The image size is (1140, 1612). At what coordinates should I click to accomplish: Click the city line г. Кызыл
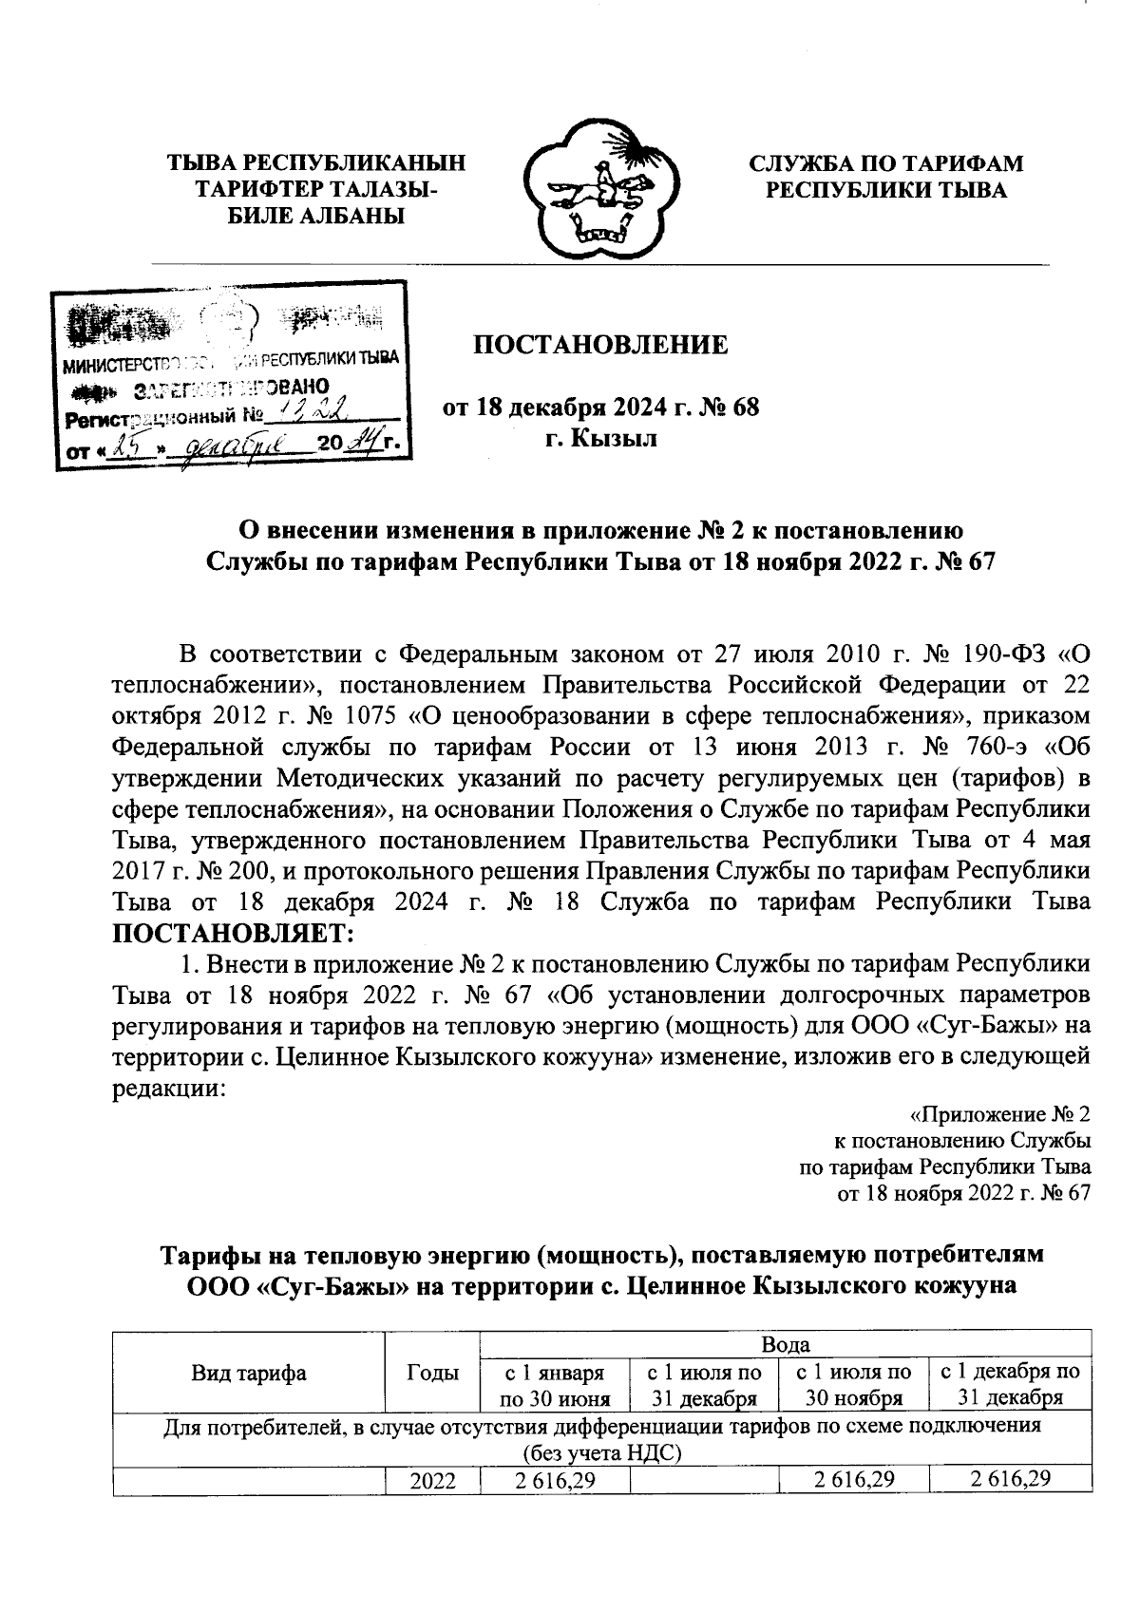click(x=601, y=441)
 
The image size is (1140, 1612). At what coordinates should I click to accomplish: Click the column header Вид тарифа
click(x=249, y=1372)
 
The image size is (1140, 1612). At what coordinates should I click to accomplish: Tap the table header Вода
click(x=785, y=1344)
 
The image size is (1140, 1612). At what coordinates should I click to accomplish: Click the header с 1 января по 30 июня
click(x=555, y=1384)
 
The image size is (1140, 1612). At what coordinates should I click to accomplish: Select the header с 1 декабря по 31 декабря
click(x=1009, y=1384)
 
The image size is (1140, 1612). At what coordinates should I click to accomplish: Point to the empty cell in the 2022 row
click(x=703, y=1480)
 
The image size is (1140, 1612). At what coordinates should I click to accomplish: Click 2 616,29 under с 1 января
click(x=555, y=1480)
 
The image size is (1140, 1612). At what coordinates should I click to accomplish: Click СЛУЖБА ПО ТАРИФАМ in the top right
click(x=886, y=163)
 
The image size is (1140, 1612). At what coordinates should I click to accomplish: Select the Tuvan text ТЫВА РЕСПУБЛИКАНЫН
click(x=316, y=163)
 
